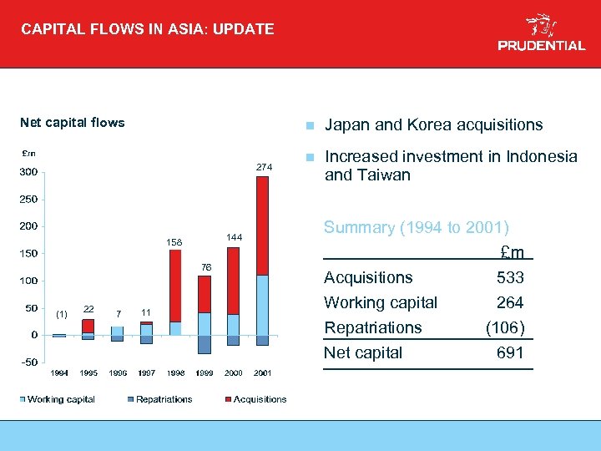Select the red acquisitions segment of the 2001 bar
point(262,225)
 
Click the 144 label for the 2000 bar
point(235,238)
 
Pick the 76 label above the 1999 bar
point(207,266)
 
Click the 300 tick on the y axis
point(29,173)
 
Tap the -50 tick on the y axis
point(29,362)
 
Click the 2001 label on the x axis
point(262,372)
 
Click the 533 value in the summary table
point(510,277)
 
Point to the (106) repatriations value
point(505,327)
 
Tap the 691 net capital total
point(510,352)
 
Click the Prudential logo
point(542,33)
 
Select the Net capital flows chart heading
point(72,123)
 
